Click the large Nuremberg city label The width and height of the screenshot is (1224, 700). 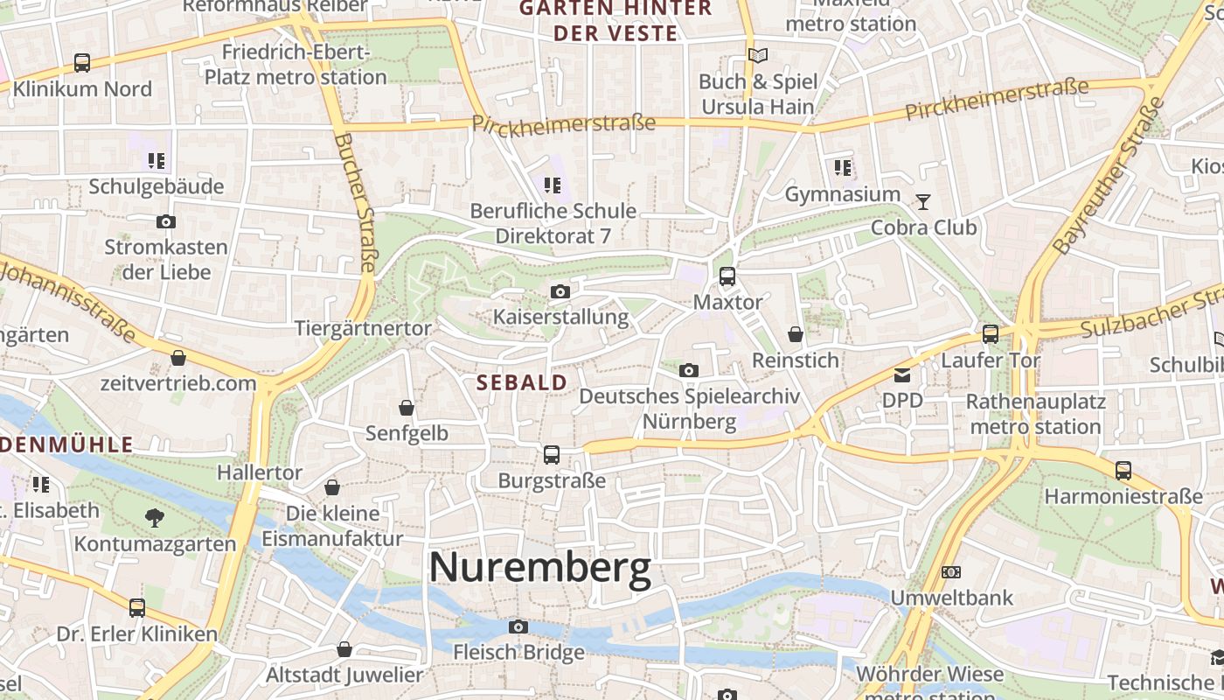(x=539, y=569)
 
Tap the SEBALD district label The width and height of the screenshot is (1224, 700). (x=522, y=382)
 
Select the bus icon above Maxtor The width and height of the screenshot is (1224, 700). (x=727, y=277)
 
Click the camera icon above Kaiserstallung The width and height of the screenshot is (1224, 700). (x=560, y=291)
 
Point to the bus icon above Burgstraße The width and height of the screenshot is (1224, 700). (x=552, y=455)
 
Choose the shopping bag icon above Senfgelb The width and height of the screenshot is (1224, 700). (x=407, y=408)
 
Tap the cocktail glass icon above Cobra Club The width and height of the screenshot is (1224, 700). (x=923, y=202)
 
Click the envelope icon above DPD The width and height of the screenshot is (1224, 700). (x=901, y=375)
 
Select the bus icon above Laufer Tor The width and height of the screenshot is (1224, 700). (x=991, y=334)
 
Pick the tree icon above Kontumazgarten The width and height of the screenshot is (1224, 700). (x=155, y=518)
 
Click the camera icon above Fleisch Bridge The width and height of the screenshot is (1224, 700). (x=518, y=626)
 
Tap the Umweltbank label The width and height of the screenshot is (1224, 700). (x=951, y=598)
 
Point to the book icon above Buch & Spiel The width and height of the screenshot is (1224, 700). (x=757, y=56)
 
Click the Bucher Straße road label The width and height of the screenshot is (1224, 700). (x=355, y=201)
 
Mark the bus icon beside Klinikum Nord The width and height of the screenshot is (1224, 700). (x=82, y=63)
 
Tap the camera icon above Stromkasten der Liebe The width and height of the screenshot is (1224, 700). (x=165, y=222)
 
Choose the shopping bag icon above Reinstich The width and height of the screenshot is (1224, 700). (x=796, y=334)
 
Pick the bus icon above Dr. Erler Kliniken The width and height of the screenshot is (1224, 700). (x=137, y=608)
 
